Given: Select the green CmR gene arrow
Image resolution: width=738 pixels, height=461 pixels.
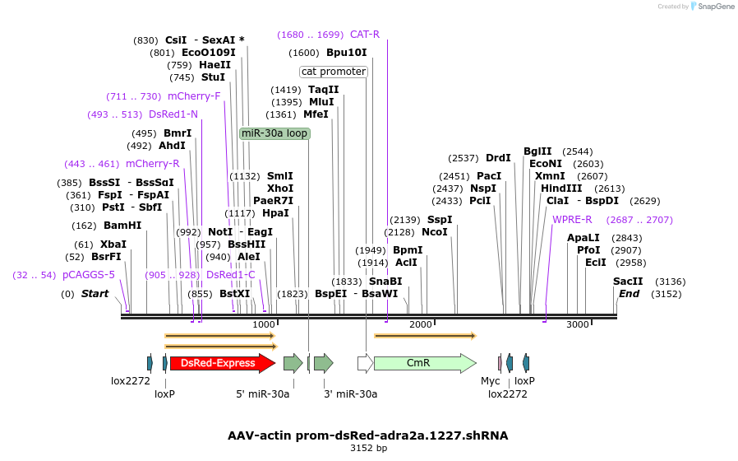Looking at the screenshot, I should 424,363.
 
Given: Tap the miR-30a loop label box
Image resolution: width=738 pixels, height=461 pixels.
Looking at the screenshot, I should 274,133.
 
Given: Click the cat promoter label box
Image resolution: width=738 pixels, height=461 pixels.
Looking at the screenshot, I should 334,72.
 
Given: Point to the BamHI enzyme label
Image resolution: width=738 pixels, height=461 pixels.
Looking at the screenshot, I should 122,226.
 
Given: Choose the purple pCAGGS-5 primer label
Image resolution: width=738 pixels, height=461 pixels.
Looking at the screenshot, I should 89,275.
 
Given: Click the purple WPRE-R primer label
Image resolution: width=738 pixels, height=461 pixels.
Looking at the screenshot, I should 572,220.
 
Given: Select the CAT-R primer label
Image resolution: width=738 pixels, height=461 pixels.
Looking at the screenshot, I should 365,35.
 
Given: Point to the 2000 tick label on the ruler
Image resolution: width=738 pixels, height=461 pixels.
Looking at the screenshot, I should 420,324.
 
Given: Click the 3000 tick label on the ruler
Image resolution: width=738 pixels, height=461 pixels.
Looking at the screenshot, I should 578,324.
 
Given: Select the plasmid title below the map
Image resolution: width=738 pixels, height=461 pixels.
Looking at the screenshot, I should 368,435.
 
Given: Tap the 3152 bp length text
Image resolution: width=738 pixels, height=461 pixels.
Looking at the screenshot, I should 368,449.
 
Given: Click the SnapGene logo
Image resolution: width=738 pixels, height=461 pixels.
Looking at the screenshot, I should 712,7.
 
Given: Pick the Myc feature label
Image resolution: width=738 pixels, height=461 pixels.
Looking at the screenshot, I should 490,381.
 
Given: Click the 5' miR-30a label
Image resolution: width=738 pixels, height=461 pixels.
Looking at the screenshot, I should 263,393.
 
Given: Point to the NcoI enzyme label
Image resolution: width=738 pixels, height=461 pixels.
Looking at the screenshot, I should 434,232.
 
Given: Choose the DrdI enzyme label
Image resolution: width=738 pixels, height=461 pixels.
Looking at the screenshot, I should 498,158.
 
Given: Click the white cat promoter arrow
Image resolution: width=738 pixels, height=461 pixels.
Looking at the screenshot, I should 365,363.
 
